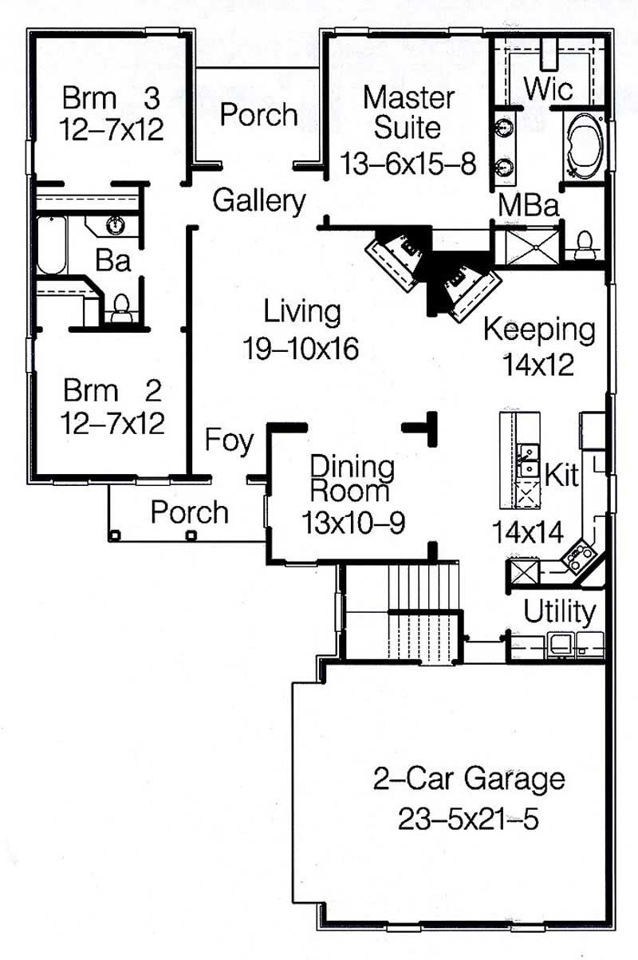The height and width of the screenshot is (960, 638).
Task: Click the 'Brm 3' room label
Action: pos(112,99)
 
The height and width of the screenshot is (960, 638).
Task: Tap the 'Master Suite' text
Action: pos(408,113)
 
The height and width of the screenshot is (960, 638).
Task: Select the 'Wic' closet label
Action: pos(549,88)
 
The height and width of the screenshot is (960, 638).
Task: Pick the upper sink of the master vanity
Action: pos(504,128)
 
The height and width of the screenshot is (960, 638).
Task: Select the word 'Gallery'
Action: pos(258,202)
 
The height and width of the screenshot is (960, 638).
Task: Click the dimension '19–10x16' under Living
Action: pos(302,349)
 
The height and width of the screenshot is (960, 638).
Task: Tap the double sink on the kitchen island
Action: pos(526,460)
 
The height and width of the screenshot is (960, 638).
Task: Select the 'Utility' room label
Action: pos(559,612)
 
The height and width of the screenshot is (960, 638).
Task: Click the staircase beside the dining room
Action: pos(423,610)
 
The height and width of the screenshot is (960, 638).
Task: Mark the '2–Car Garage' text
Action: pos(469,778)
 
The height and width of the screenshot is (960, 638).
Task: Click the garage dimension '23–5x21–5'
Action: pos(469,818)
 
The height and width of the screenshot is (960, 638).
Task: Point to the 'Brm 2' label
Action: pos(112,391)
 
